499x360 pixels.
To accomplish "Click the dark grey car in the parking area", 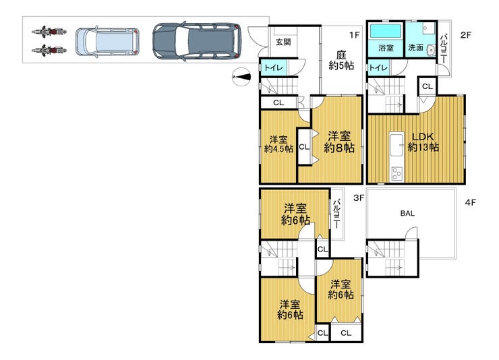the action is [x=197, y=41].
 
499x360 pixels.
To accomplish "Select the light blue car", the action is [x=108, y=42].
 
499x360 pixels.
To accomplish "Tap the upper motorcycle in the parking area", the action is [x=49, y=32].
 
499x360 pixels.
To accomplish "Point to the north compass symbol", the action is [x=241, y=77].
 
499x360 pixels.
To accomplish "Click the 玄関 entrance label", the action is [x=283, y=42].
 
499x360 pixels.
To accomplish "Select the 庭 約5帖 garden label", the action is [x=341, y=61].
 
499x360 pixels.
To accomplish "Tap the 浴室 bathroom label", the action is [x=386, y=48].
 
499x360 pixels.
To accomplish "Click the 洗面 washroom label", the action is [x=415, y=48].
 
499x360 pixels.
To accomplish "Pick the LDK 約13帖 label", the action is [x=423, y=142].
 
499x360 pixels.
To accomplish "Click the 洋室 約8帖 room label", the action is [x=339, y=142].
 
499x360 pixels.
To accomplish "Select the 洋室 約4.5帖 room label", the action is [x=278, y=144].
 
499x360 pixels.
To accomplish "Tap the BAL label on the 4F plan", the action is [x=407, y=214].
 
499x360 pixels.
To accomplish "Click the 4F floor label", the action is [x=471, y=202].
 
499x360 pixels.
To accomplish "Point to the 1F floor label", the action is [x=354, y=34].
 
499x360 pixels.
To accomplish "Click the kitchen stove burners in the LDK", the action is [x=397, y=174].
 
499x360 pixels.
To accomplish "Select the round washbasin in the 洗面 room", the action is [x=431, y=50].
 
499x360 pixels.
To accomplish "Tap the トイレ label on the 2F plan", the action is [x=378, y=67].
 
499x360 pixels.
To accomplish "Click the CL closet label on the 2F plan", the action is [x=428, y=86].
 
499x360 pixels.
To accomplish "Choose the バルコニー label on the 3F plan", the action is [x=337, y=214].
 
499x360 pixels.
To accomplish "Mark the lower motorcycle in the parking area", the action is [x=49, y=51].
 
